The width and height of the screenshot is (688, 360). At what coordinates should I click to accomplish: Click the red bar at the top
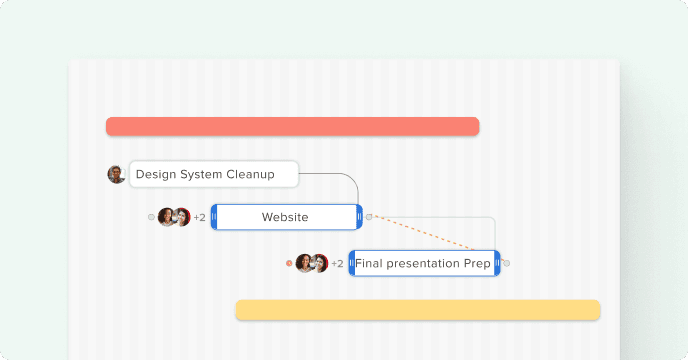click(292, 126)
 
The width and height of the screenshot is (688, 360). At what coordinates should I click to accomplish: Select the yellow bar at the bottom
click(418, 310)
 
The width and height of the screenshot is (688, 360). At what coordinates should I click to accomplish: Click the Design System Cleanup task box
click(214, 174)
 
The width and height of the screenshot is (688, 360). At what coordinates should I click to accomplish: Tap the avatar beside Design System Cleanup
click(116, 174)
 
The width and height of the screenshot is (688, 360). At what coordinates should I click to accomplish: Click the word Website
click(285, 217)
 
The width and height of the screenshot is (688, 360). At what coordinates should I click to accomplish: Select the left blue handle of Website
click(214, 217)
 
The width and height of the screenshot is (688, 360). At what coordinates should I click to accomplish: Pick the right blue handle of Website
click(359, 217)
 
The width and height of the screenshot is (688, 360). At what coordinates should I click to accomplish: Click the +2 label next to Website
click(200, 217)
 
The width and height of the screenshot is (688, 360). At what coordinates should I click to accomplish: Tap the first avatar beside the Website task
click(166, 217)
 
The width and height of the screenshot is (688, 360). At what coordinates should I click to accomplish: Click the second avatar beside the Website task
click(182, 217)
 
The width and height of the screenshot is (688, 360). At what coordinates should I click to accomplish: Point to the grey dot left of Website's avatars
click(151, 217)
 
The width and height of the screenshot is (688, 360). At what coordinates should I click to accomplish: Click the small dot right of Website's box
click(369, 217)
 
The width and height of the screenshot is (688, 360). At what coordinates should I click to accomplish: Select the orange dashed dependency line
click(423, 233)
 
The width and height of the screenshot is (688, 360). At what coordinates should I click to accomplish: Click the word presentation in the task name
click(422, 263)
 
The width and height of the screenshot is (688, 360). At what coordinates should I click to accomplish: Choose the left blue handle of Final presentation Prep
click(351, 263)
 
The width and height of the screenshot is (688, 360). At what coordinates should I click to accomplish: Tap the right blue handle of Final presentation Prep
click(497, 263)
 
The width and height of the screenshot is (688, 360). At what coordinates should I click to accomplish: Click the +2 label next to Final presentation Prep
click(337, 263)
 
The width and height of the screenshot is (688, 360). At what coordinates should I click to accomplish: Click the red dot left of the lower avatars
click(289, 263)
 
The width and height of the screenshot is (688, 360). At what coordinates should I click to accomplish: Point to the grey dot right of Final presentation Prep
click(507, 263)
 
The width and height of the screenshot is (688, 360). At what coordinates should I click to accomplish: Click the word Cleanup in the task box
click(250, 174)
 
